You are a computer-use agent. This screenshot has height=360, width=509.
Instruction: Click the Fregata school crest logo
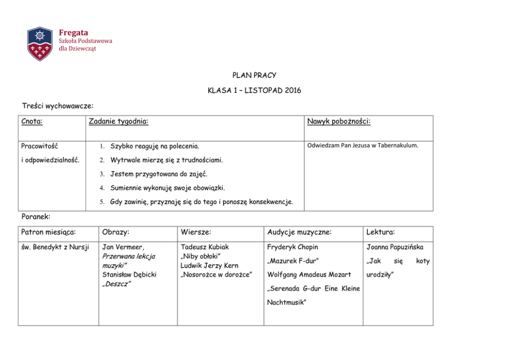[40, 44]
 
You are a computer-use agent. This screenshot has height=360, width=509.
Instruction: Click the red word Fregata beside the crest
[73, 33]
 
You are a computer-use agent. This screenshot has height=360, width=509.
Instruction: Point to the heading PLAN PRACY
[254, 75]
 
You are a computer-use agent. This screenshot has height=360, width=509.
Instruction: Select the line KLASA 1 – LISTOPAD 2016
[254, 91]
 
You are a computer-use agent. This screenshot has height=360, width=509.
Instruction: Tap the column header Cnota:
[32, 122]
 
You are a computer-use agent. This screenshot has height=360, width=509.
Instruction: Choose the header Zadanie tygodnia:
[119, 122]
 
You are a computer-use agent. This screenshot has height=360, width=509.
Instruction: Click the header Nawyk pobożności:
[339, 122]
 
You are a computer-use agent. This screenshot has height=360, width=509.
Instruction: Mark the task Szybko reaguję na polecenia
[154, 147]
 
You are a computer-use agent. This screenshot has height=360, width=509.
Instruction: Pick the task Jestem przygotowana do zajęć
[159, 174]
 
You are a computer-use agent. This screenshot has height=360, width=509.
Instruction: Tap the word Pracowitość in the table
[40, 147]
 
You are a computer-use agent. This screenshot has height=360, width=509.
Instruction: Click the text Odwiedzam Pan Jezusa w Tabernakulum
[362, 145]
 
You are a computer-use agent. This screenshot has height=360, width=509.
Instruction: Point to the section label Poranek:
[36, 217]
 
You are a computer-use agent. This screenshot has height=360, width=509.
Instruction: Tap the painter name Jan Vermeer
[123, 247]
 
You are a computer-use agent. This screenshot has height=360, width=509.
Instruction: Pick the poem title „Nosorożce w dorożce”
[216, 274]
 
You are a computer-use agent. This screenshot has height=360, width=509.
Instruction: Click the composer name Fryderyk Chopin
[292, 247]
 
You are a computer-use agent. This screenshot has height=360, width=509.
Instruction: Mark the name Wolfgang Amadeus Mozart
[309, 274]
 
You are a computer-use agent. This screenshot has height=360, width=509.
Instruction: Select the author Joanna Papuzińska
[395, 247]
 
